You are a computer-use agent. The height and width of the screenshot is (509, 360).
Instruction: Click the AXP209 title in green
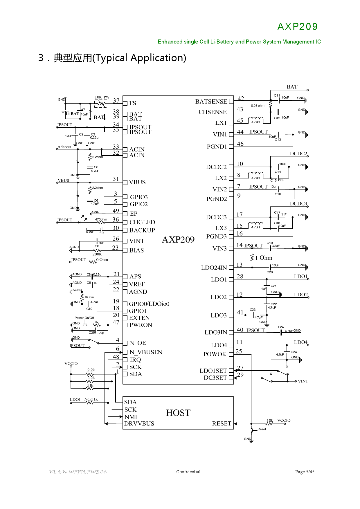tap(297, 27)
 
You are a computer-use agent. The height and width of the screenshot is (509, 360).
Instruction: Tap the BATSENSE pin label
tap(211, 102)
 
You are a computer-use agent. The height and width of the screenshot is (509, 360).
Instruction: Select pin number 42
tap(241, 98)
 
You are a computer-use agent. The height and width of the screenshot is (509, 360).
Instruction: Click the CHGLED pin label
tap(142, 222)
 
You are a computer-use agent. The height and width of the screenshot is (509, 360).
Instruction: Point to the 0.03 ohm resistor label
tap(258, 106)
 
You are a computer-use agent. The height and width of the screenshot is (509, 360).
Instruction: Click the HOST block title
tap(178, 413)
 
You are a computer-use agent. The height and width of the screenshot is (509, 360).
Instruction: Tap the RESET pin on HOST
tap(222, 424)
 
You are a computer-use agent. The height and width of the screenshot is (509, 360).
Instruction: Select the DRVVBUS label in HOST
tap(139, 424)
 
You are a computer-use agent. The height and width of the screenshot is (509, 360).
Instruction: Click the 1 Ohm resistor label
tap(264, 258)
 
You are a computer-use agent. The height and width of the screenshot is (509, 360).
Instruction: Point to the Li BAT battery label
tap(72, 114)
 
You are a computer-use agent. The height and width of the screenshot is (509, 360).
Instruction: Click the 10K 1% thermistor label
tap(102, 97)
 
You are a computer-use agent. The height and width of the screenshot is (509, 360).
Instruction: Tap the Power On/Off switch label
tap(84, 318)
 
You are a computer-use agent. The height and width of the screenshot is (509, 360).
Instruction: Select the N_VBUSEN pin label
tap(146, 352)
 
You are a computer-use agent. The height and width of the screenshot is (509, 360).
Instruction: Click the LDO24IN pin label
tap(214, 268)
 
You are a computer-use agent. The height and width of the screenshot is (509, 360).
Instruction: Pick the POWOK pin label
tap(215, 354)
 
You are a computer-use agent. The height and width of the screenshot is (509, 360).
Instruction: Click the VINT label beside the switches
tap(303, 381)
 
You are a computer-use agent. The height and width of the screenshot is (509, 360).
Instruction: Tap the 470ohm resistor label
tap(101, 219)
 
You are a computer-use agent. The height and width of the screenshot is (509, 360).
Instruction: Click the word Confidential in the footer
tap(188, 472)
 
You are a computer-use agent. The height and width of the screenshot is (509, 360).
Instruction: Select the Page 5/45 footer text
tap(305, 472)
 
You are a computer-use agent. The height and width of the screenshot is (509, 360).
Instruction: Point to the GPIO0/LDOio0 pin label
tap(149, 304)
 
